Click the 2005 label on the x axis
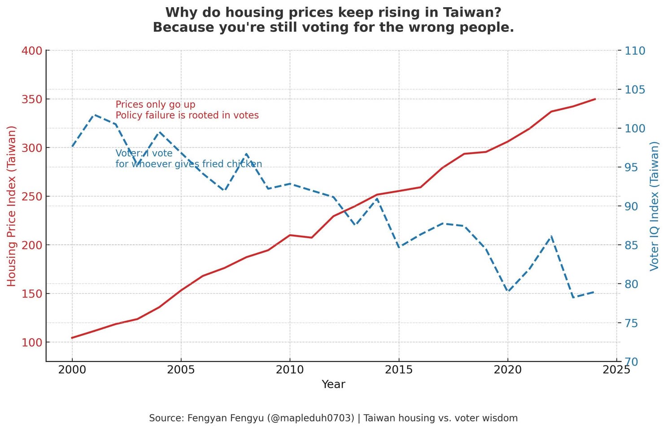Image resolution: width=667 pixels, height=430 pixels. click(x=181, y=370)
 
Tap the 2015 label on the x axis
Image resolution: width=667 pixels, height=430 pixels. click(x=399, y=370)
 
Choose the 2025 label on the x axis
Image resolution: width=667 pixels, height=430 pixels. click(x=616, y=370)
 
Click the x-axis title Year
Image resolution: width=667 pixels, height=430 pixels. click(x=333, y=384)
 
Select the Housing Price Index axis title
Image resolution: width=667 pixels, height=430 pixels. click(x=12, y=206)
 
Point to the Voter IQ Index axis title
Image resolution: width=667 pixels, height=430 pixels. click(x=654, y=206)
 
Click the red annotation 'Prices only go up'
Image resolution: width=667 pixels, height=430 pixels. click(x=156, y=105)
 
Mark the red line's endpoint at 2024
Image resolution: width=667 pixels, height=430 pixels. click(x=595, y=99)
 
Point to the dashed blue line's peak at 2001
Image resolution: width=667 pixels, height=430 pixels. click(x=94, y=115)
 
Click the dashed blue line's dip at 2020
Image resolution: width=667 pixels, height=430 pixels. click(x=508, y=291)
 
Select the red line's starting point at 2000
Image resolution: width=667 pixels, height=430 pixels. click(x=72, y=338)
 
